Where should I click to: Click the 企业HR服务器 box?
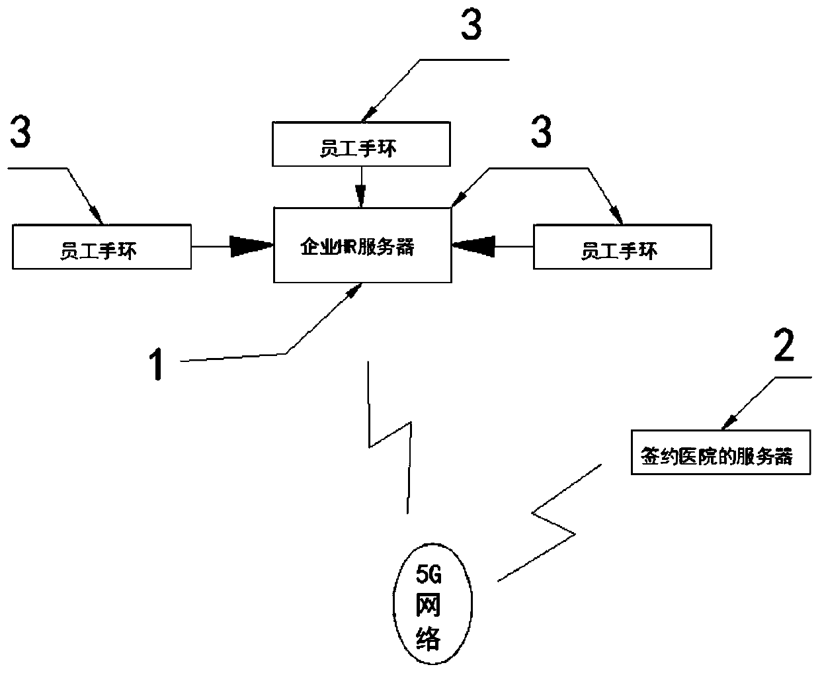(363, 246)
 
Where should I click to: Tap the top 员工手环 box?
(361, 144)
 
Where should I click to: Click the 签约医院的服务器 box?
(721, 453)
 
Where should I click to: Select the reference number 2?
(783, 346)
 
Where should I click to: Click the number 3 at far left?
(19, 134)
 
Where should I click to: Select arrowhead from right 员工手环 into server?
(473, 246)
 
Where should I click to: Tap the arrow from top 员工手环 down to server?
(361, 186)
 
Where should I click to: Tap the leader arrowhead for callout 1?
(357, 289)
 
